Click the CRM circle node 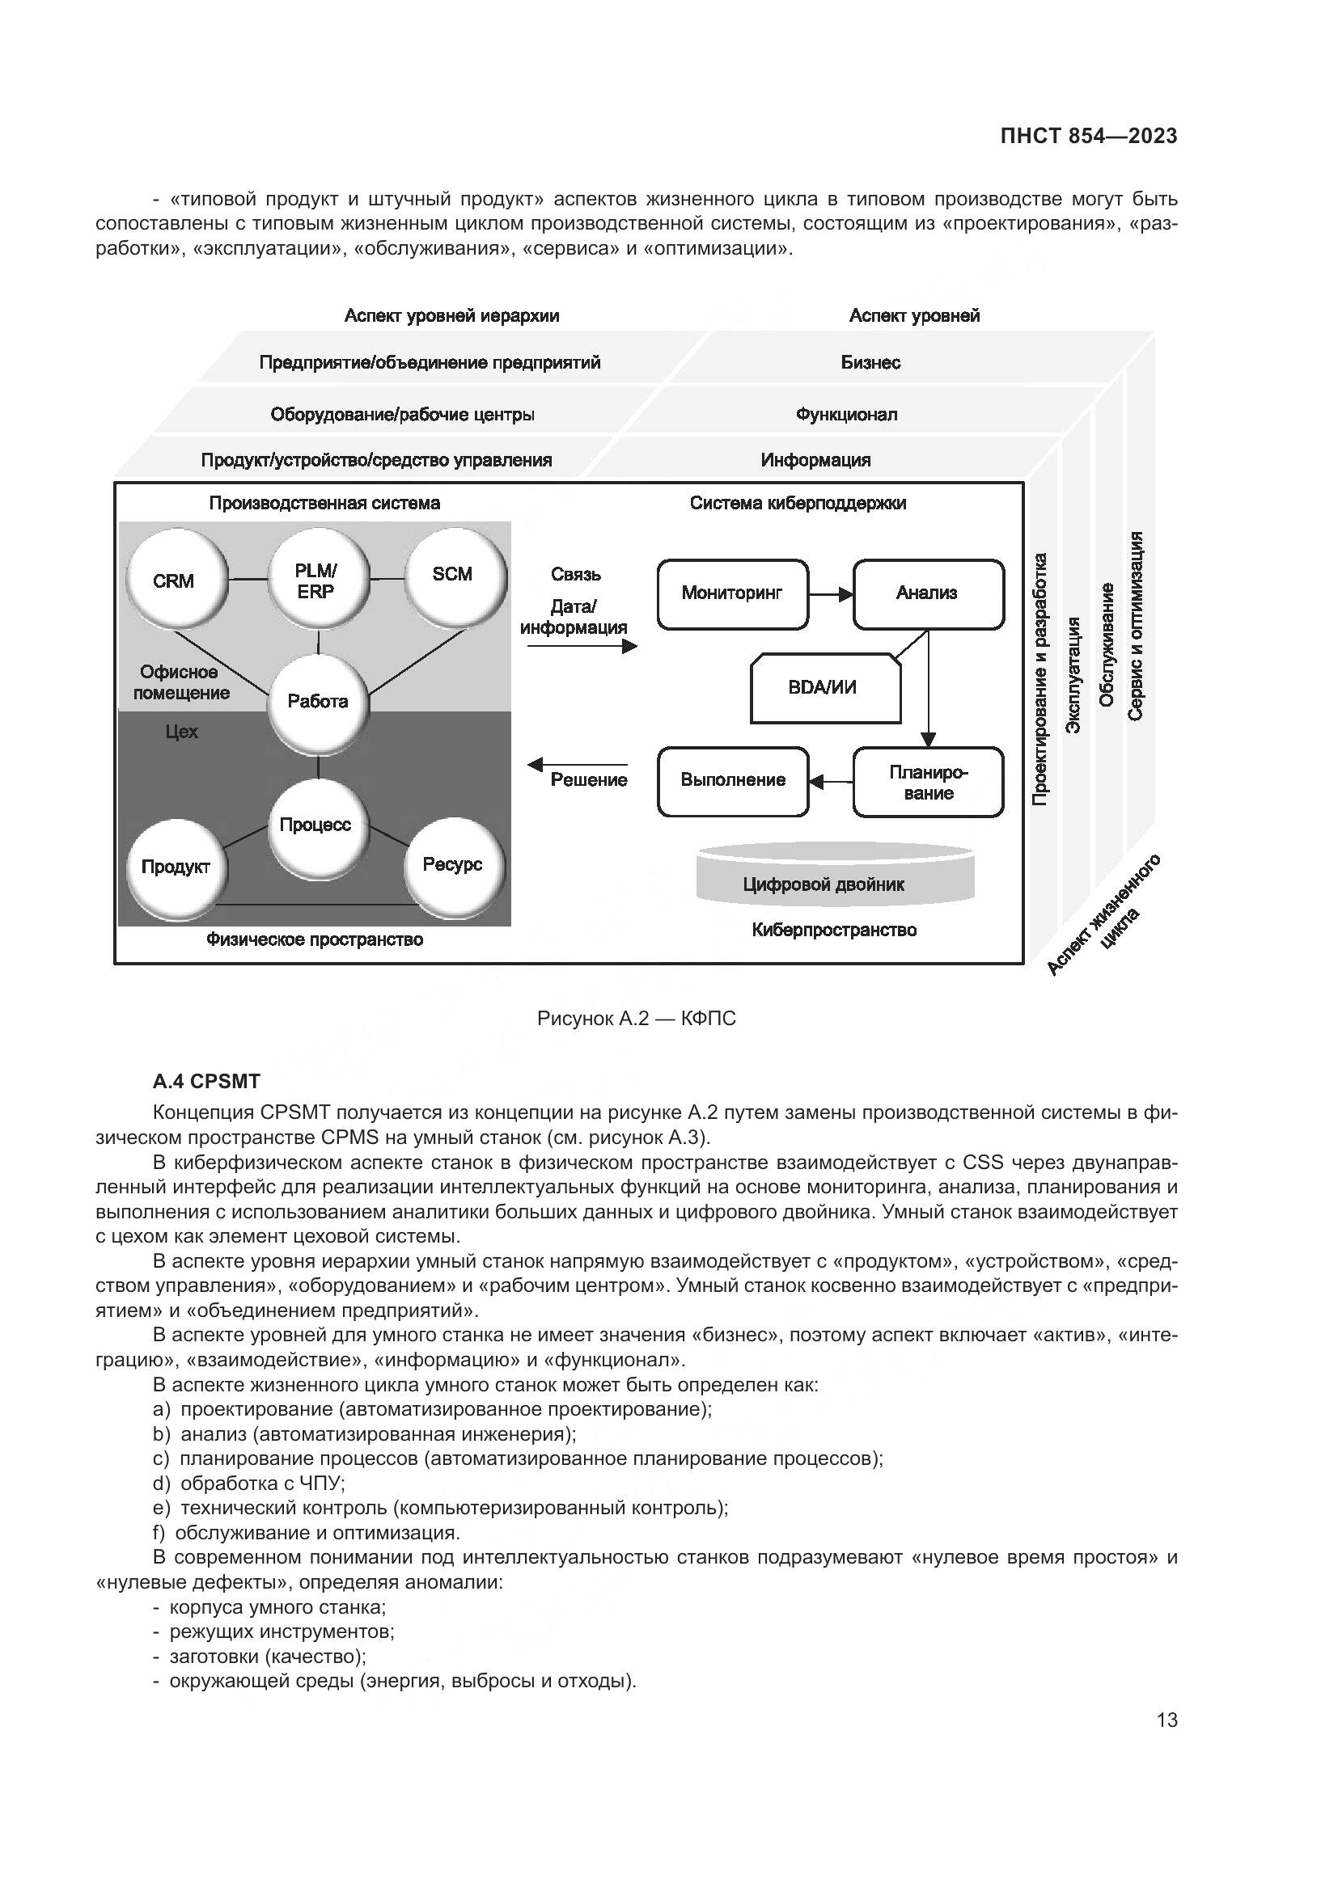(x=174, y=580)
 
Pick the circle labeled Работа (x=318, y=702)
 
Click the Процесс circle (x=316, y=825)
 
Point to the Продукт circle (x=176, y=867)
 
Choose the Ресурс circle (x=452, y=865)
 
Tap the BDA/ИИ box (x=824, y=688)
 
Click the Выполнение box (x=732, y=781)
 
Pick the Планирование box (x=928, y=783)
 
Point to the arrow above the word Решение (x=577, y=764)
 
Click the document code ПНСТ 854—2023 (x=1088, y=136)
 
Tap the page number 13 (x=1167, y=1720)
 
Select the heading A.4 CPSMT (x=206, y=1082)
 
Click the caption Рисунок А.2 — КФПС (x=636, y=1019)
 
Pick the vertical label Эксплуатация (x=1073, y=674)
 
